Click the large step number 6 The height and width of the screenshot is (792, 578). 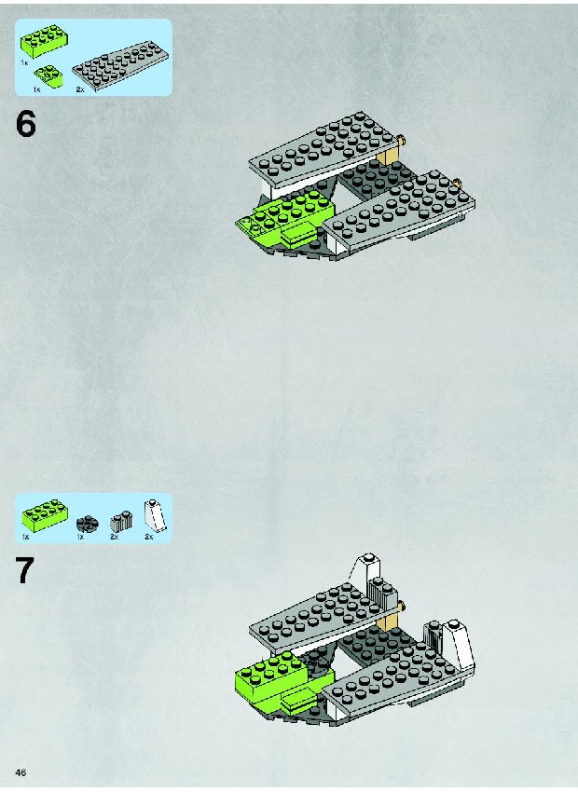(x=26, y=124)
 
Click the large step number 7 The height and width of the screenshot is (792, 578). (x=26, y=571)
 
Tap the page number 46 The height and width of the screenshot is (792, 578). (x=21, y=772)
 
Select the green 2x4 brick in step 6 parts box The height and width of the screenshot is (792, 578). (x=45, y=42)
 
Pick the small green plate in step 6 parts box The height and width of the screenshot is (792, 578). (x=49, y=76)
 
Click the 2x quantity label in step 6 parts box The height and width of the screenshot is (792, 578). (x=80, y=89)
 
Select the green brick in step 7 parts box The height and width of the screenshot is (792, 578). (x=45, y=516)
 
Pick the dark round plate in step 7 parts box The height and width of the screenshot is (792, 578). (x=88, y=524)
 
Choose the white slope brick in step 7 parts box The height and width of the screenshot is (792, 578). (x=155, y=515)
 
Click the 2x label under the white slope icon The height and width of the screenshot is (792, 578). (x=148, y=537)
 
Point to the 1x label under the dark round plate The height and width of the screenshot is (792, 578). (x=80, y=537)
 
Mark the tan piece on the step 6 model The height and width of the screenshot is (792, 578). (x=390, y=151)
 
